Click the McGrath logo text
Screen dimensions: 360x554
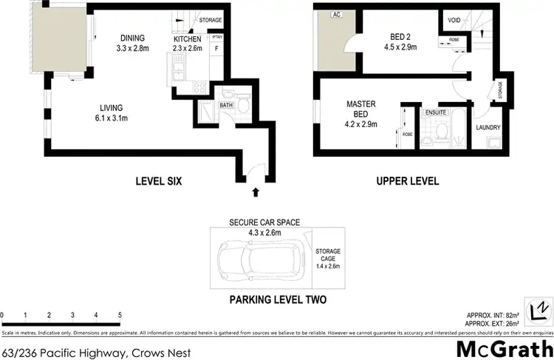504,348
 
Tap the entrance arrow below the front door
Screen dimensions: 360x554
256,191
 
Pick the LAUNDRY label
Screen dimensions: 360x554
488,128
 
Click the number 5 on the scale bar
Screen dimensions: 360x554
120,316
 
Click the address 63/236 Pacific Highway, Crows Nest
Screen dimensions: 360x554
95,353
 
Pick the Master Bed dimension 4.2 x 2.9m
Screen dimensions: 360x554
362,125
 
